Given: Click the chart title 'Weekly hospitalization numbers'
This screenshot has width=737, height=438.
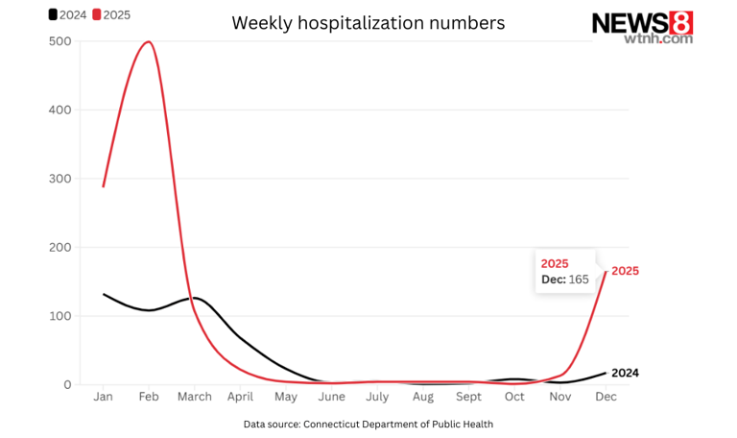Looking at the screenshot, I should (368, 23).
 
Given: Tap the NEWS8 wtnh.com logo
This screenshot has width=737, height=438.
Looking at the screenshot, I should (642, 26).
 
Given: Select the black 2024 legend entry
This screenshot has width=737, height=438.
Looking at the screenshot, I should (67, 14).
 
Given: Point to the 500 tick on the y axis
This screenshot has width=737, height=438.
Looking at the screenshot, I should (59, 41).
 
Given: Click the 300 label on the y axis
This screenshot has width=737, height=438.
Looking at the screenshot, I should (59, 179).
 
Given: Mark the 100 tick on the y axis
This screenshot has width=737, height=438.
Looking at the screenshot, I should (59, 316).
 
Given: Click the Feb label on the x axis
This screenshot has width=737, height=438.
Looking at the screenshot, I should (149, 397).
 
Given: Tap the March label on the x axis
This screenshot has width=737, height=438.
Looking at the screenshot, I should (194, 397).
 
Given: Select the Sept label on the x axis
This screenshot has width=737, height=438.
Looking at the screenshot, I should (468, 397).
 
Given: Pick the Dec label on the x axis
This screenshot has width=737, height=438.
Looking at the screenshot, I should (606, 397).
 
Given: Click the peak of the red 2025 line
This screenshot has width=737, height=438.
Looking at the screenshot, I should (148, 41).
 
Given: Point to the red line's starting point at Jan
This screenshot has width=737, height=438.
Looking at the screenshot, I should (104, 186).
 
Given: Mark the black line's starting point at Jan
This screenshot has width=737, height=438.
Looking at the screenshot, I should (104, 294).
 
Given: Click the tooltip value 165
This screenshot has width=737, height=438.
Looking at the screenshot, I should (579, 280).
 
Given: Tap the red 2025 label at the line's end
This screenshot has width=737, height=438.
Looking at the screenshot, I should (625, 271).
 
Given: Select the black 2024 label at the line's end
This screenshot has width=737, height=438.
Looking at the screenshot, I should (625, 373).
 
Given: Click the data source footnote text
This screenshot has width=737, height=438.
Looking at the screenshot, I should (368, 424).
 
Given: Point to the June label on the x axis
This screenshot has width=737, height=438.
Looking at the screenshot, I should (331, 397).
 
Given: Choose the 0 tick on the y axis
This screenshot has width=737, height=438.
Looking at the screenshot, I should (66, 384).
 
